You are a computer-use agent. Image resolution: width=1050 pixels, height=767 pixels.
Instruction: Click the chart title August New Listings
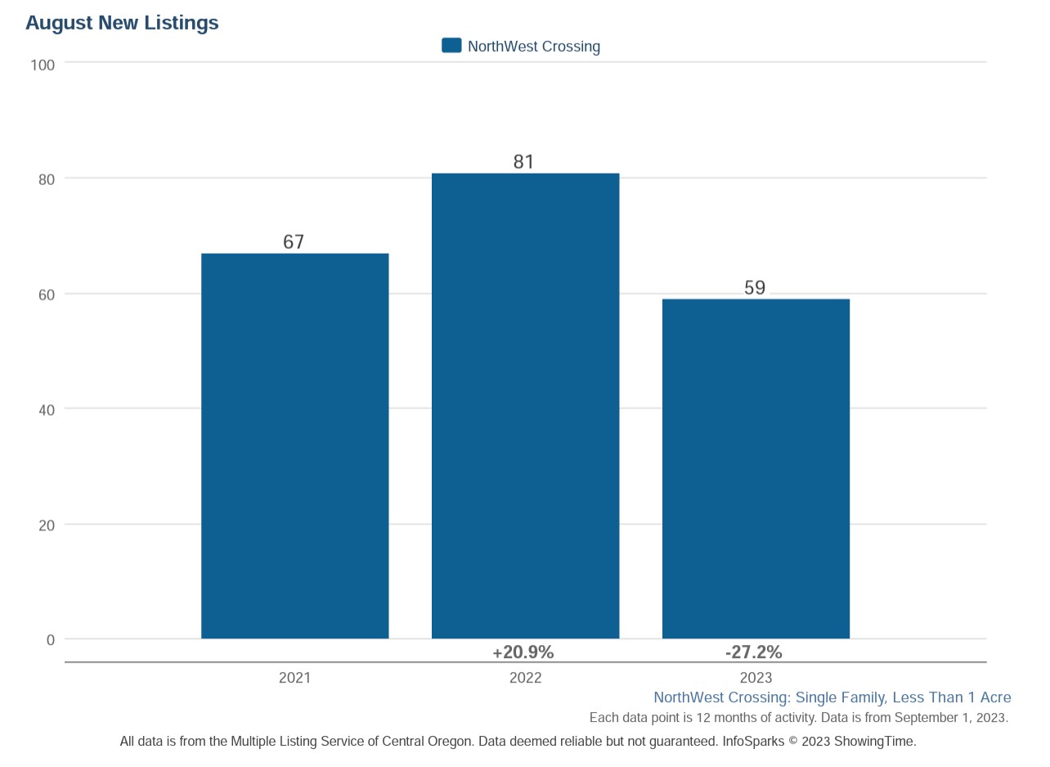coord(122,23)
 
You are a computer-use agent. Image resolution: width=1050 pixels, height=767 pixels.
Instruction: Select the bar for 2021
coord(294,446)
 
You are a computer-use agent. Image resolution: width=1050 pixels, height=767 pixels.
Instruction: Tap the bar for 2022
coord(525,406)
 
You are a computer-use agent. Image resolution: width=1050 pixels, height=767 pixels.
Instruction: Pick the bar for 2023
coord(756,468)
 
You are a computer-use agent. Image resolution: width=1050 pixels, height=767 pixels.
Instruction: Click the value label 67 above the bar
coord(294,242)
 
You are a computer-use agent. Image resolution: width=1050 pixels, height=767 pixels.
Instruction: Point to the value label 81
coord(523,162)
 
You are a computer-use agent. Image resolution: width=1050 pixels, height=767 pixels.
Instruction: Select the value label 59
coord(755,288)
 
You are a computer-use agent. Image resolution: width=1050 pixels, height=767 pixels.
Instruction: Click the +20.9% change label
coord(523,652)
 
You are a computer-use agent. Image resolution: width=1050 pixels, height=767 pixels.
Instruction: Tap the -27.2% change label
coord(754,652)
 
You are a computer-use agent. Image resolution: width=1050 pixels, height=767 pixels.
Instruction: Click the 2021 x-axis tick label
coord(294,678)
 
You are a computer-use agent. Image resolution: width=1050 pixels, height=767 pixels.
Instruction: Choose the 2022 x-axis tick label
coord(525,678)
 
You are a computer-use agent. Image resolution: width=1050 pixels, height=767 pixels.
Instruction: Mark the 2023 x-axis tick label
coord(756,678)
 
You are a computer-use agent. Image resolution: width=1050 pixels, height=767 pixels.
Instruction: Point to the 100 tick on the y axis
coord(43,65)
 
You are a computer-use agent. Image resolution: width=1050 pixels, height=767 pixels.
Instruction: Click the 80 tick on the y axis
coord(46,180)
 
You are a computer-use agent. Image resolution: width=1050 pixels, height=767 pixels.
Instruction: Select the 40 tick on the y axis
coord(46,410)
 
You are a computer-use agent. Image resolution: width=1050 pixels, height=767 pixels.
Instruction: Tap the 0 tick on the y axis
coord(51,640)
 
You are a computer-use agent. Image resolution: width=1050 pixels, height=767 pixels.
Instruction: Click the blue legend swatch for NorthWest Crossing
coord(451,46)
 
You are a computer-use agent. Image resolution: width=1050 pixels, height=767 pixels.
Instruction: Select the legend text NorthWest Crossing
coord(534,47)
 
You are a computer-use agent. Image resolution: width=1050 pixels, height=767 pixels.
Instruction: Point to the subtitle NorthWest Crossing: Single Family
coord(832,697)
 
